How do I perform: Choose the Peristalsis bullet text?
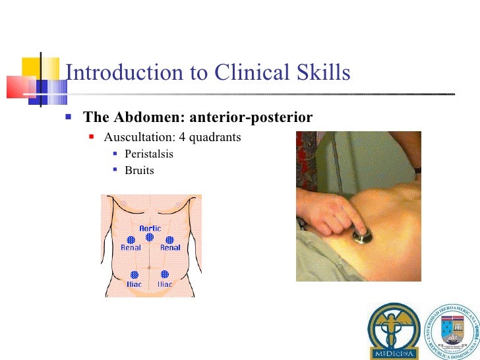pyautogui.click(x=149, y=155)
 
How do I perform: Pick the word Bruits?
pyautogui.click(x=139, y=170)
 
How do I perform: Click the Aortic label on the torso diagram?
pyautogui.click(x=150, y=229)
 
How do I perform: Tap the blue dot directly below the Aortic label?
pyautogui.click(x=150, y=239)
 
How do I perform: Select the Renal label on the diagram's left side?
pyautogui.click(x=131, y=248)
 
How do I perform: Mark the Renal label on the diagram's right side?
pyautogui.click(x=170, y=248)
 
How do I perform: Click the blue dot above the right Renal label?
pyautogui.click(x=169, y=239)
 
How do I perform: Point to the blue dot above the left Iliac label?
pyautogui.click(x=135, y=274)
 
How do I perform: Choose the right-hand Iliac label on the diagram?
pyautogui.click(x=165, y=284)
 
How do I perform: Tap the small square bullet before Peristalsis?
pyautogui.click(x=115, y=155)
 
